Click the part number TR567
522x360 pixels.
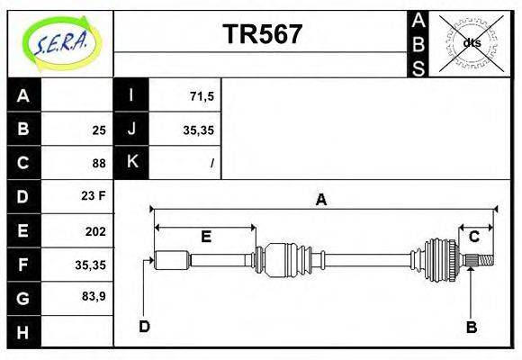click(262, 34)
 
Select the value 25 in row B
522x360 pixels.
click(98, 130)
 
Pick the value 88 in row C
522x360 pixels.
click(98, 164)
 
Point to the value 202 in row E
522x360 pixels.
click(94, 231)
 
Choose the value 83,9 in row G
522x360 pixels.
click(93, 295)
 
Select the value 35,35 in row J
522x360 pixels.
click(198, 130)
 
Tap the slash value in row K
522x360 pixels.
click(211, 164)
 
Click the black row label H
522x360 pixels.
click(23, 331)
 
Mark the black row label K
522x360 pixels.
click(131, 162)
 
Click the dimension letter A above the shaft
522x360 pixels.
click(320, 200)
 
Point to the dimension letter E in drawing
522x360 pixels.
click(205, 237)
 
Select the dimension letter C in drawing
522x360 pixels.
click(473, 237)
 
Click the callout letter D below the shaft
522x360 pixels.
click(144, 326)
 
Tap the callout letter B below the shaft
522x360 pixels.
click(471, 327)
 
